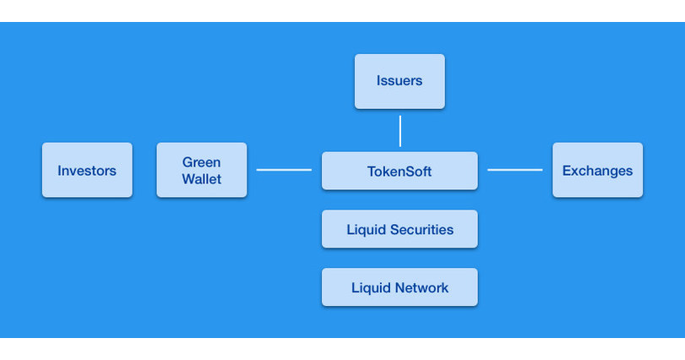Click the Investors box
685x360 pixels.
click(x=87, y=170)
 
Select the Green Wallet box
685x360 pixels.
click(x=201, y=170)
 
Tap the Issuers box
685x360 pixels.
click(x=400, y=81)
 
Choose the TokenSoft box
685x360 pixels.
click(x=400, y=171)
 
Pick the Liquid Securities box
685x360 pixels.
click(x=400, y=229)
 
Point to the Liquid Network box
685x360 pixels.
click(x=400, y=287)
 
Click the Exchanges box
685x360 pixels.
click(x=597, y=170)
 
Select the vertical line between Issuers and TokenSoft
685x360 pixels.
click(x=400, y=131)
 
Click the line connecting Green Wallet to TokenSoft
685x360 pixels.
click(x=284, y=170)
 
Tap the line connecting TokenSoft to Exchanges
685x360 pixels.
click(x=514, y=170)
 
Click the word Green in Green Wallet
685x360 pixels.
click(x=201, y=162)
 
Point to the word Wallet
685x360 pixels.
click(x=201, y=178)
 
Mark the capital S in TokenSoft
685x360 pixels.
click(x=411, y=172)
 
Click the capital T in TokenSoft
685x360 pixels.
click(x=371, y=172)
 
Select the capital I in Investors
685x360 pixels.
click(x=59, y=171)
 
